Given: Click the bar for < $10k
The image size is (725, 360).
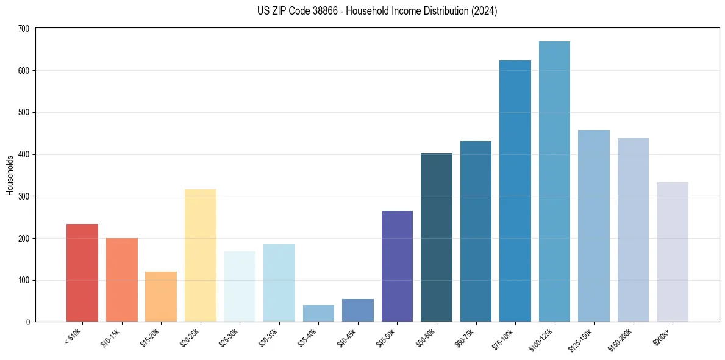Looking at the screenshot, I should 82,273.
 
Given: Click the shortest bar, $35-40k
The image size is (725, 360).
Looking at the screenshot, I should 318,313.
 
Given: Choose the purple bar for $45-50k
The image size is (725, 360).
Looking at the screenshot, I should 397,266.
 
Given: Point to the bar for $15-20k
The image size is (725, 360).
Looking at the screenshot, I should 161,297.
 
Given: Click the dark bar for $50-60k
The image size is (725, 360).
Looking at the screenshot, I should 437,237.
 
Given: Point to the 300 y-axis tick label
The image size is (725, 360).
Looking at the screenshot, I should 24,196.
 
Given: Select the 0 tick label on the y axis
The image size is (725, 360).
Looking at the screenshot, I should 28,322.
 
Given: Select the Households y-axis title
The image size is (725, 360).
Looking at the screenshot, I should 10,175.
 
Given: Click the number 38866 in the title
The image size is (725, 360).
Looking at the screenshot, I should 324,11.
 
